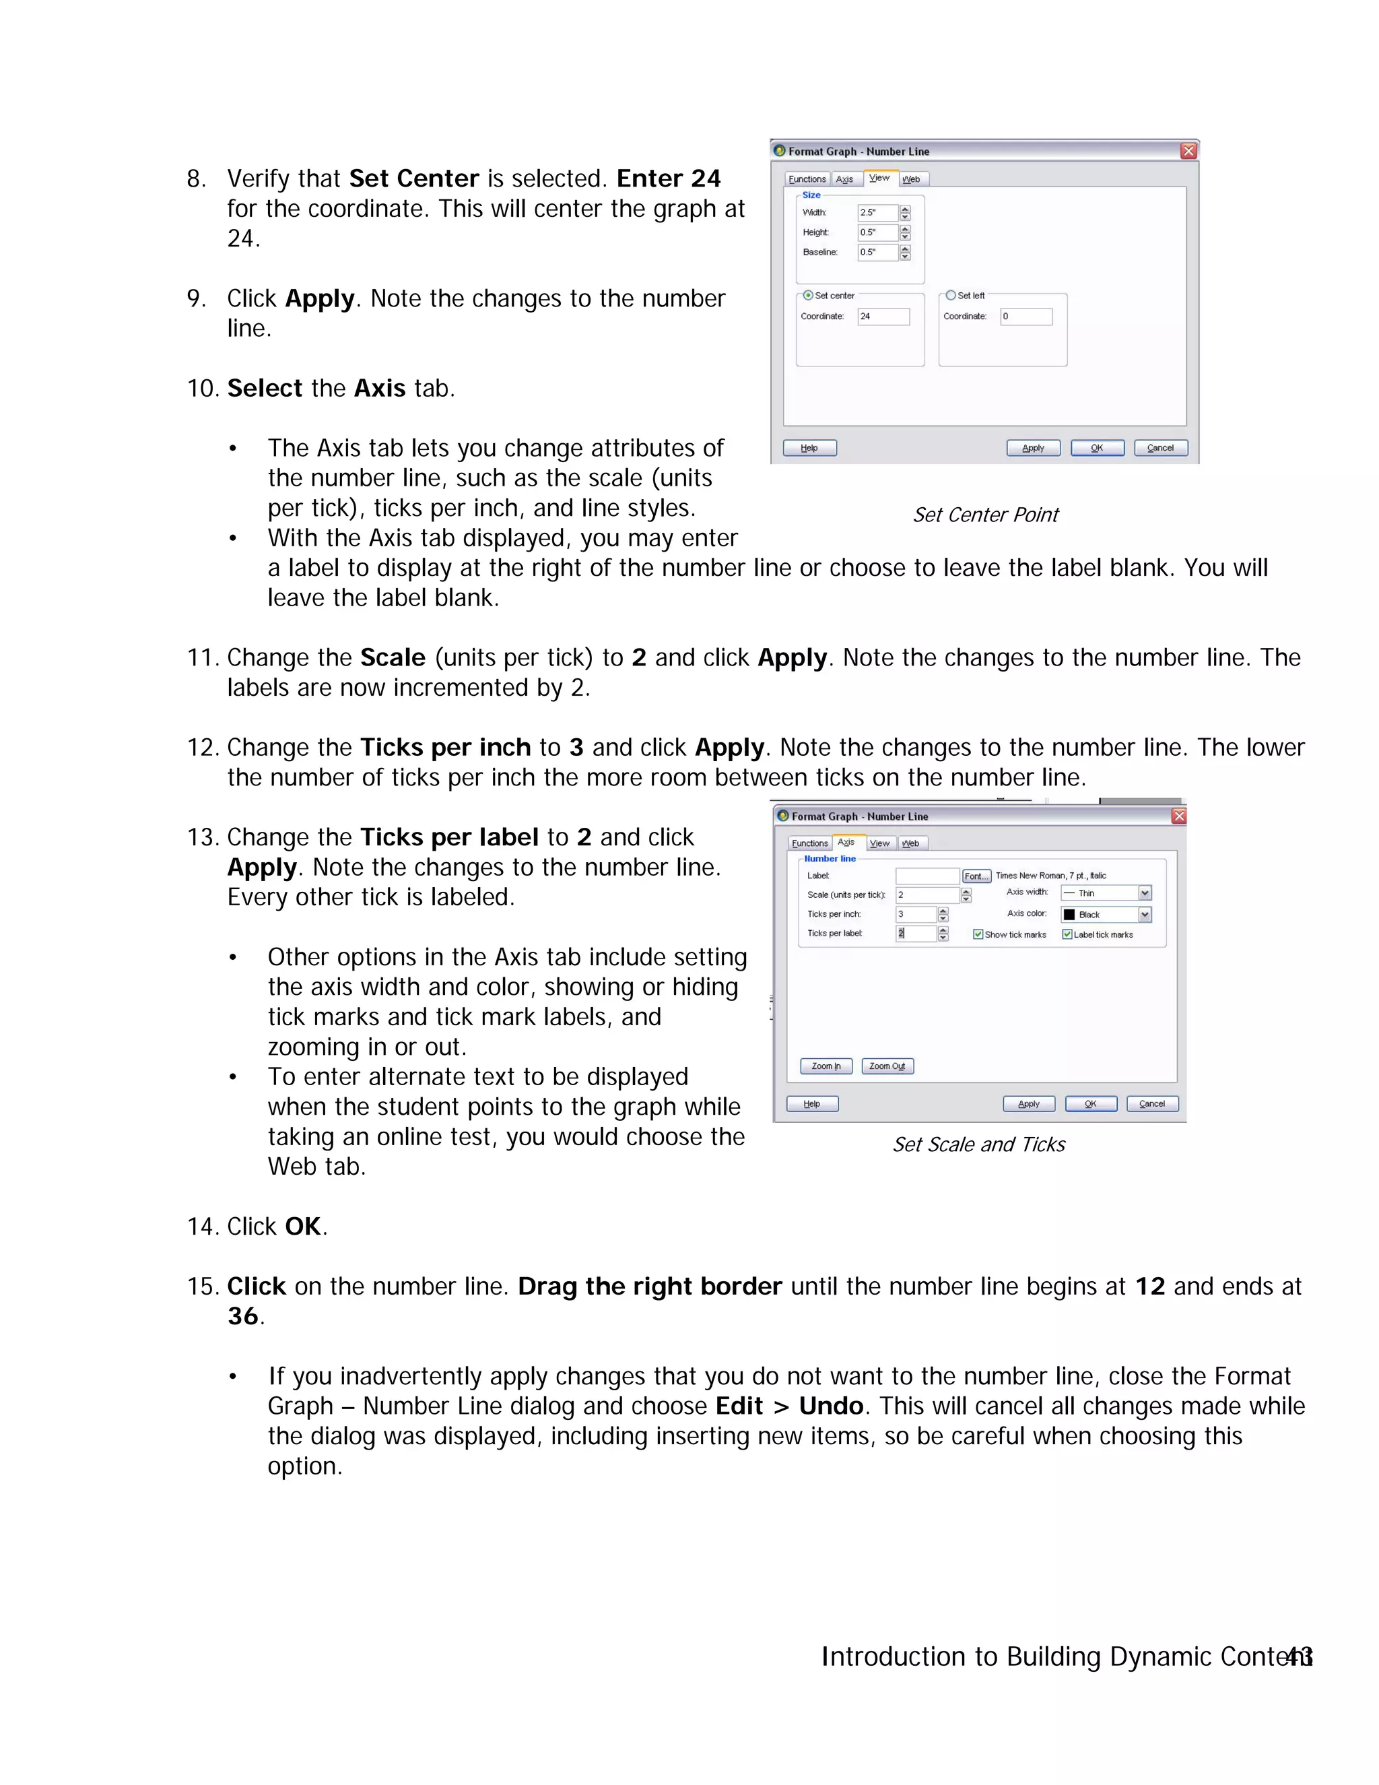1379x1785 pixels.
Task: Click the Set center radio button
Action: coord(808,295)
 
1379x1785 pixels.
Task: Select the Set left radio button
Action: coord(950,295)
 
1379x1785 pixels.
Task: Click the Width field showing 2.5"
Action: coord(877,212)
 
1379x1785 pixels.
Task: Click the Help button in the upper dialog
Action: coord(809,448)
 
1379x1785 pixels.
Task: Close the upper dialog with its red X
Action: coord(1188,151)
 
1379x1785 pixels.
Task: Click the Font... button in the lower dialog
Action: coord(976,876)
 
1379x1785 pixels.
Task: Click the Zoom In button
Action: coord(826,1066)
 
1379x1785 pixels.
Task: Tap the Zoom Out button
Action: coord(887,1066)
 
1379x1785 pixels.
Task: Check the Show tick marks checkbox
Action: coord(978,934)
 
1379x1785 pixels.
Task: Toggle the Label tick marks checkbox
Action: coord(1067,934)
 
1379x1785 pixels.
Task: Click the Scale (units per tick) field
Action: coord(927,895)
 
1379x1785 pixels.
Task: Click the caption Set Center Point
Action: coord(985,515)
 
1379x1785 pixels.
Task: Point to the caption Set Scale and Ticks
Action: coord(978,1144)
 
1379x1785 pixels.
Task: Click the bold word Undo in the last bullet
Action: coord(831,1406)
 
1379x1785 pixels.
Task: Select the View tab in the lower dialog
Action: coord(880,843)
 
